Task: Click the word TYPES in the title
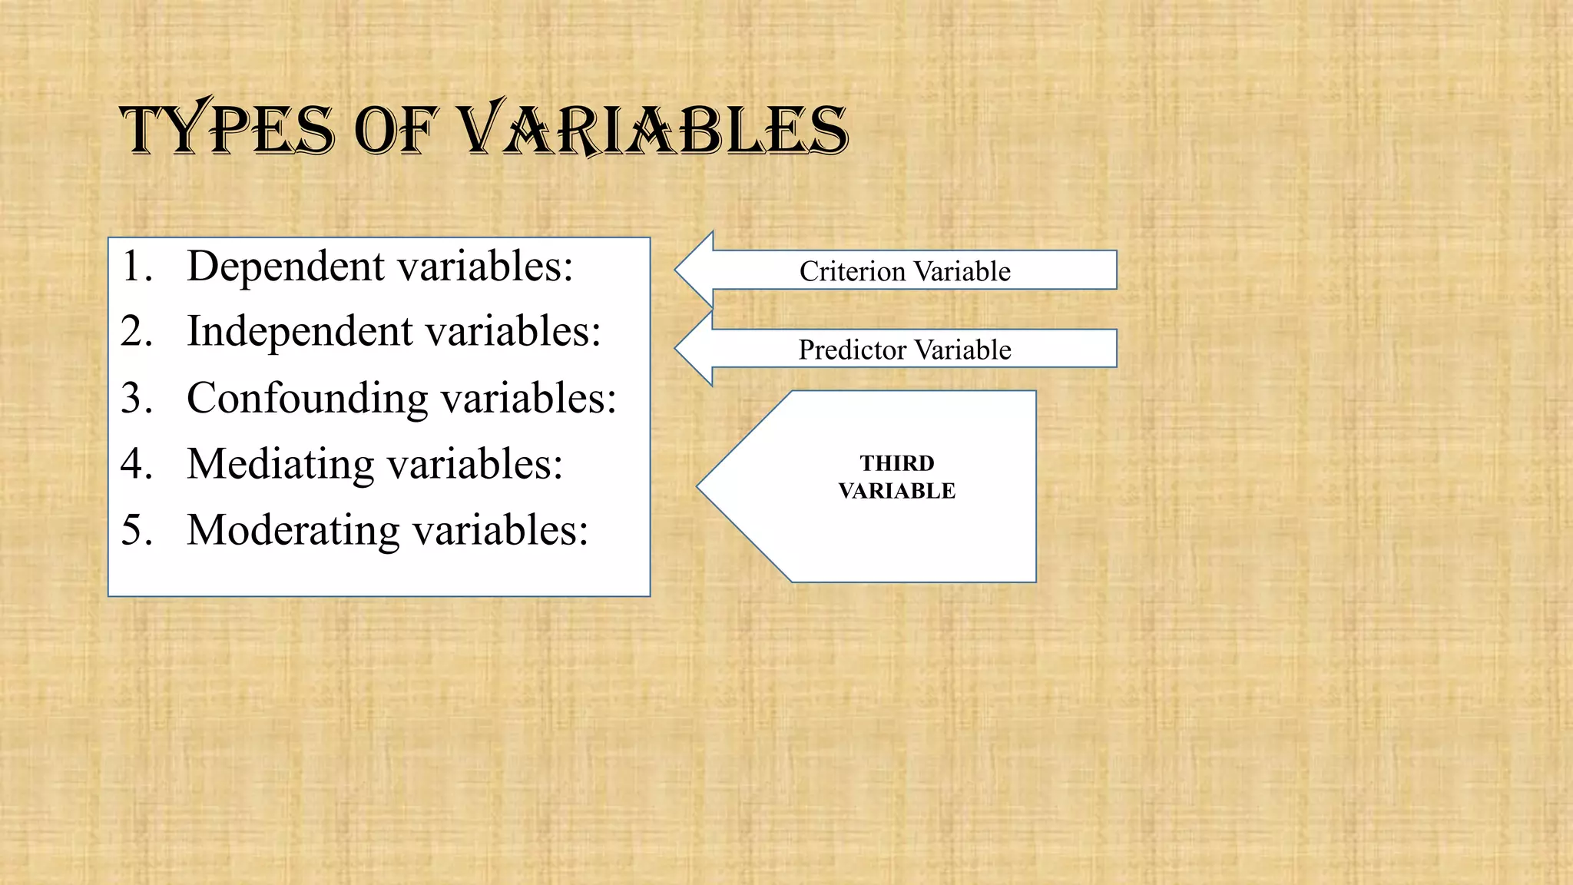click(x=227, y=128)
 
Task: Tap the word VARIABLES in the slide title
click(x=653, y=128)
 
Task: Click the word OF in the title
click(x=396, y=130)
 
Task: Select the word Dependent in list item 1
click(x=286, y=266)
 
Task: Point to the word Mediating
click(x=280, y=464)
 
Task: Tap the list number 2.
click(x=135, y=331)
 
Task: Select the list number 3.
click(x=135, y=398)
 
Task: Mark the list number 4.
click(x=135, y=464)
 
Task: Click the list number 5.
click(x=135, y=530)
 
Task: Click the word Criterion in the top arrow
click(x=852, y=271)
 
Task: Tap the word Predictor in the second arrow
click(x=852, y=350)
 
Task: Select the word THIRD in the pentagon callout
click(x=897, y=463)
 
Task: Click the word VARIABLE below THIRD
click(x=897, y=491)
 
